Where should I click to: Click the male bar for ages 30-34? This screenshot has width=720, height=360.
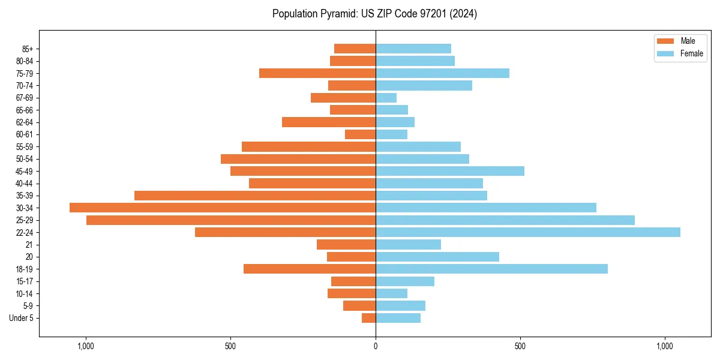[222, 208]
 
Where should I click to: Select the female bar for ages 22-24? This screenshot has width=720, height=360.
[528, 232]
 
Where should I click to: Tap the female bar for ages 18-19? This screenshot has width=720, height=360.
[491, 269]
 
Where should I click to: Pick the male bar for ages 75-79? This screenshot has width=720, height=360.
[317, 73]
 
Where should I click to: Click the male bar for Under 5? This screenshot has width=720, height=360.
[368, 318]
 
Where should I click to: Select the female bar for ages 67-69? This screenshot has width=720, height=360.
[386, 98]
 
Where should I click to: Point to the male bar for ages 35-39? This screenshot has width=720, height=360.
[255, 196]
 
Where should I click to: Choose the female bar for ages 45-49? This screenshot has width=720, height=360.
[450, 171]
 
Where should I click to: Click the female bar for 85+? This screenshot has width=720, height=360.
[413, 49]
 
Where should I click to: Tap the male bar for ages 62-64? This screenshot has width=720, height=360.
[329, 122]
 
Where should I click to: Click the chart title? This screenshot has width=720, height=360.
[374, 14]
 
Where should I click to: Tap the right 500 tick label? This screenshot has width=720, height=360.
[520, 346]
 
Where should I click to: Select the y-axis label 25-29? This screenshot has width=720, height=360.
[25, 220]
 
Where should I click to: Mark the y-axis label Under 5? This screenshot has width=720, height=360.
[22, 318]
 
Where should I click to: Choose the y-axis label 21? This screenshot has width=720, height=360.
[29, 245]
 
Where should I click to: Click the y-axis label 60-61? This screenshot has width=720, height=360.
[25, 134]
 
